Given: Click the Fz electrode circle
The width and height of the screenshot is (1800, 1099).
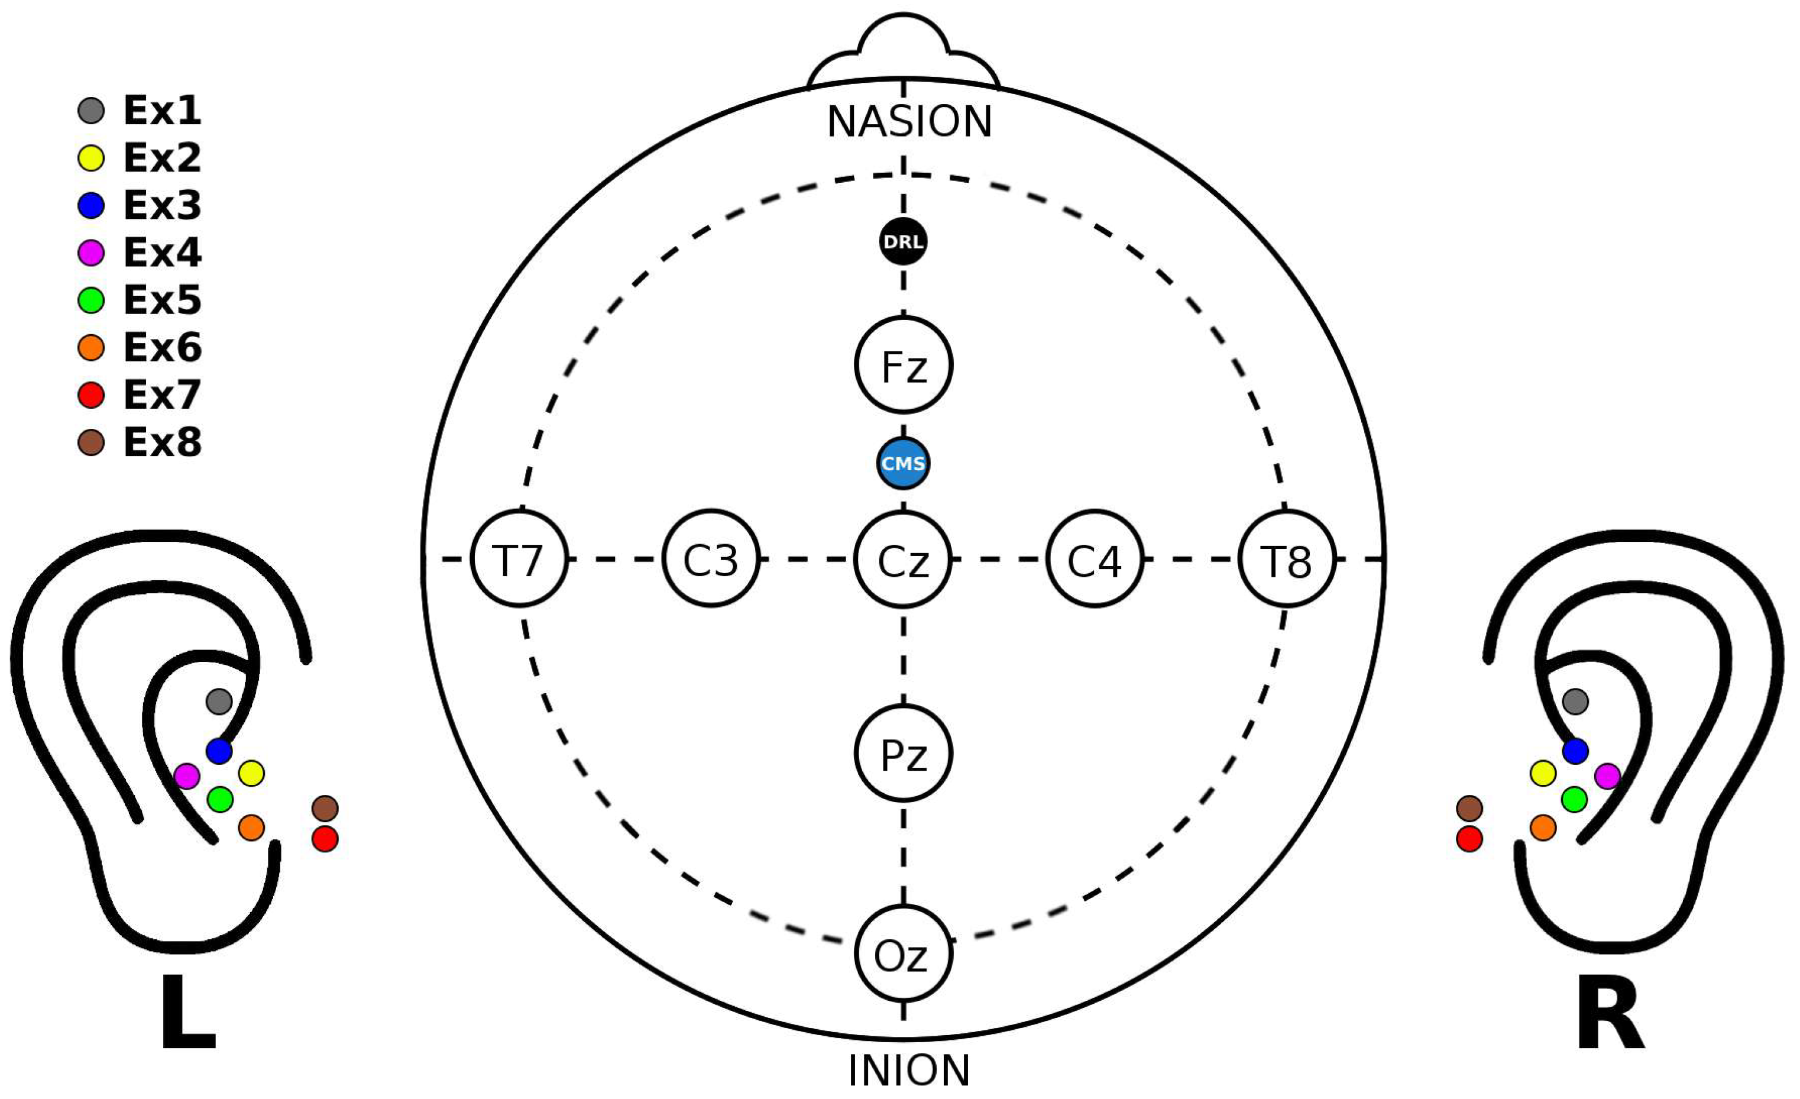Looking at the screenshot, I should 904,364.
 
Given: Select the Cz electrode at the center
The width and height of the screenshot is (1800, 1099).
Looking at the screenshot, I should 904,559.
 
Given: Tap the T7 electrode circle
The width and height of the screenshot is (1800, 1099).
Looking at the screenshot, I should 519,559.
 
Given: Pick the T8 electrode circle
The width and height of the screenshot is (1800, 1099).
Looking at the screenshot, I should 1287,559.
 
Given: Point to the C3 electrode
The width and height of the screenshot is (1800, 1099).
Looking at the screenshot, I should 711,559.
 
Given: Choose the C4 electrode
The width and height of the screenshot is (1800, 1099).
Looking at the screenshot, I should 1095,559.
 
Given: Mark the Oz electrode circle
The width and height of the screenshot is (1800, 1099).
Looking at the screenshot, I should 904,953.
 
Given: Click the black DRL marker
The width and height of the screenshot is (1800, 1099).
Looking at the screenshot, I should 904,241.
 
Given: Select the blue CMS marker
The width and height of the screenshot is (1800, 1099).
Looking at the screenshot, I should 904,463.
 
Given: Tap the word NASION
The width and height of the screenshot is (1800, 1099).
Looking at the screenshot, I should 909,121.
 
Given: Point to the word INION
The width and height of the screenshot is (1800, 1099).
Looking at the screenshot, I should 909,1071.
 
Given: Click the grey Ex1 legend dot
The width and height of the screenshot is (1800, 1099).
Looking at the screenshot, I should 91,111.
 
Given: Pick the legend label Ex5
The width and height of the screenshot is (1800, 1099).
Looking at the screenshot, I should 162,300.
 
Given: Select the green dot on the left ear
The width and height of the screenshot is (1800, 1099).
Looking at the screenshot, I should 220,799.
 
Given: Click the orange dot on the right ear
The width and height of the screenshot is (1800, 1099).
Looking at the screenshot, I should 1543,828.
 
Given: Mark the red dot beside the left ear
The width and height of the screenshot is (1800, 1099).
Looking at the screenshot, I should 325,839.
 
